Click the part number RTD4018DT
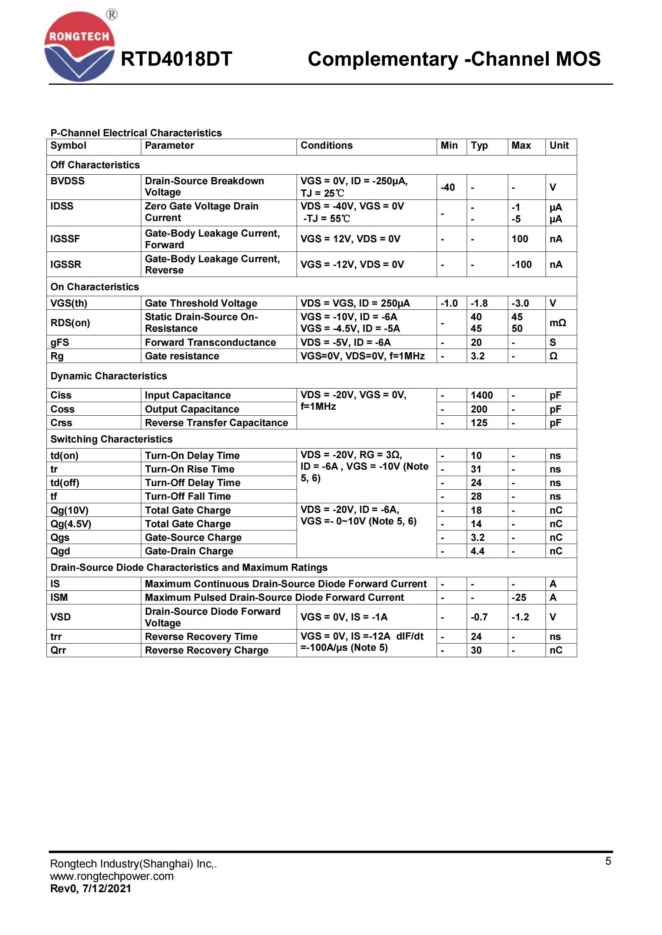point(177,59)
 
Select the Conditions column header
point(327,146)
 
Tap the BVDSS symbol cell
point(68,181)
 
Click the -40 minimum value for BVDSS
point(447,187)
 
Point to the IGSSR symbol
point(66,264)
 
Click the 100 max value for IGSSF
point(520,239)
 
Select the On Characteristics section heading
point(94,287)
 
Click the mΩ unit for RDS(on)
point(558,323)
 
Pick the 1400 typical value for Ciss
point(481,395)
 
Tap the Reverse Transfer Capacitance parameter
point(217,423)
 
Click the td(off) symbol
point(65,482)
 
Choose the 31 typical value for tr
point(476,469)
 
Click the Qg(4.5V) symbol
point(71,524)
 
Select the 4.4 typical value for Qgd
point(477,551)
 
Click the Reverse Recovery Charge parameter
point(207,650)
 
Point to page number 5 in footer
point(608,861)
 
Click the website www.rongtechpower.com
point(112,876)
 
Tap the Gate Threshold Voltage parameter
point(201,303)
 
